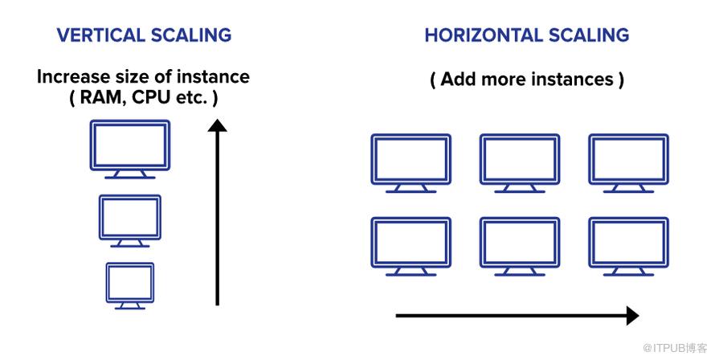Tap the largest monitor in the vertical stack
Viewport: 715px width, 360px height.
[129, 146]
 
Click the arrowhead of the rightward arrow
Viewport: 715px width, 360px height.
[631, 316]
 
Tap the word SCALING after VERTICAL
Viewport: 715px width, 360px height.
[190, 35]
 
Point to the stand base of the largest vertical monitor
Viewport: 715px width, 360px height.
[129, 176]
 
